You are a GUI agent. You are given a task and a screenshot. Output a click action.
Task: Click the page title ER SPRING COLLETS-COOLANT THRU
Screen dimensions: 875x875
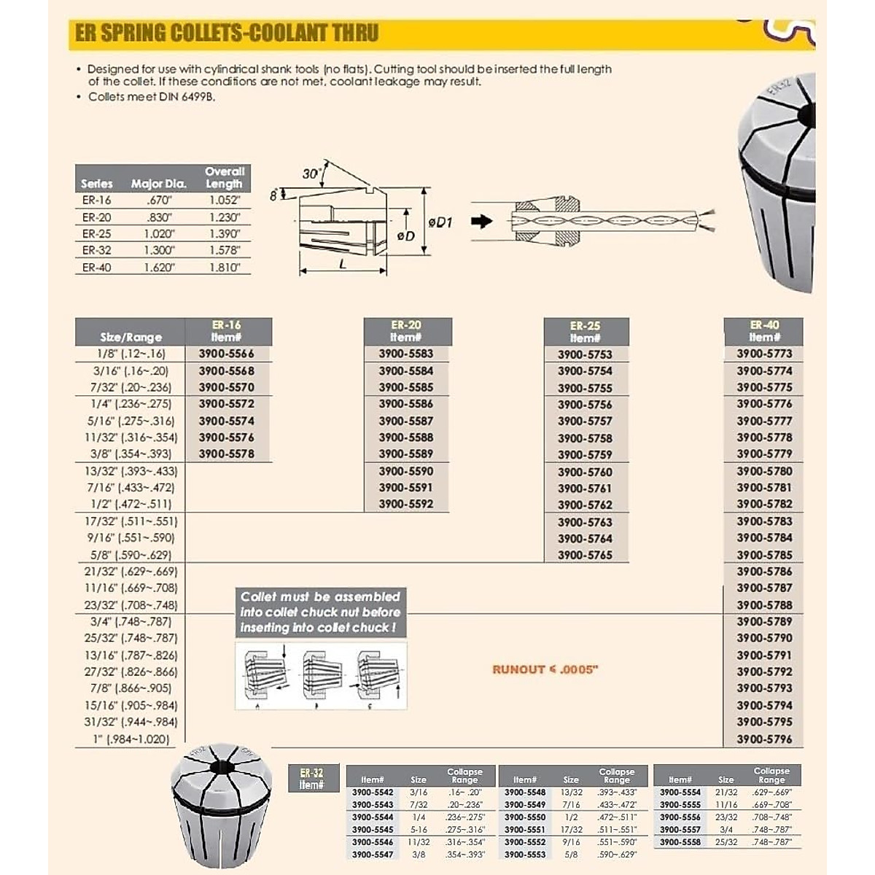pyautogui.click(x=227, y=34)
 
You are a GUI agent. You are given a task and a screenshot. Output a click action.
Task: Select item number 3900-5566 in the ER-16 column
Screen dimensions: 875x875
pyautogui.click(x=226, y=354)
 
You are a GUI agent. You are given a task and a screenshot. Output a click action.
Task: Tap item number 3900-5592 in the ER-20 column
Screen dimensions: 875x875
pyautogui.click(x=405, y=504)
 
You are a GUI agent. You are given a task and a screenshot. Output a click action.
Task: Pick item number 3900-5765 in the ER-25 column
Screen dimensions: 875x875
pyautogui.click(x=585, y=555)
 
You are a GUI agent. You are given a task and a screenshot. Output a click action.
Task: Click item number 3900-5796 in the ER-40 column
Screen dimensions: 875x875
pyautogui.click(x=763, y=739)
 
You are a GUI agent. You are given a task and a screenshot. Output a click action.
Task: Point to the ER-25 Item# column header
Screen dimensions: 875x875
pyautogui.click(x=585, y=332)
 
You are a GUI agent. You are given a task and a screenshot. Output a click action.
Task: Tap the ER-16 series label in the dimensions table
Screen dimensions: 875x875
pyautogui.click(x=96, y=200)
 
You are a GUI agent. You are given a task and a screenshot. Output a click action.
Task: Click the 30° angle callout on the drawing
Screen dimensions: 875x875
pyautogui.click(x=311, y=174)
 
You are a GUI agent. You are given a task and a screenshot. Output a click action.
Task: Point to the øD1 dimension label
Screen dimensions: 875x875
pyautogui.click(x=440, y=222)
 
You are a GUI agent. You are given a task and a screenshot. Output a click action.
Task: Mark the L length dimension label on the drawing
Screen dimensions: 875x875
pyautogui.click(x=343, y=265)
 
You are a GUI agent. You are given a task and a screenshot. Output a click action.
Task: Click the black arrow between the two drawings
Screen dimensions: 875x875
pyautogui.click(x=481, y=221)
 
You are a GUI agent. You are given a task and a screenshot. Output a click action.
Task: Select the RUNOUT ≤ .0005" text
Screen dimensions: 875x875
pyautogui.click(x=545, y=669)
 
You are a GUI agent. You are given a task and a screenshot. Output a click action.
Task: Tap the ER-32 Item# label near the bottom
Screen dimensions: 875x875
pyautogui.click(x=311, y=779)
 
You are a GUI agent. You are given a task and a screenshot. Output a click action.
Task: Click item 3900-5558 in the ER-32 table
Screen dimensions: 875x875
pyautogui.click(x=680, y=841)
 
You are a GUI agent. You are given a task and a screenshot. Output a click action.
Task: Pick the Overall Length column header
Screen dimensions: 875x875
pyautogui.click(x=224, y=178)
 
